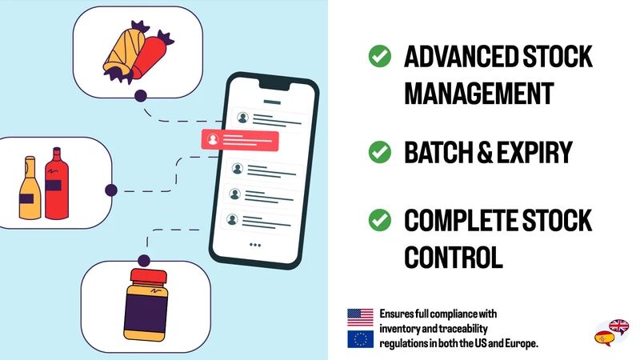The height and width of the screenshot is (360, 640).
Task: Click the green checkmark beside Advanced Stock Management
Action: [379, 56]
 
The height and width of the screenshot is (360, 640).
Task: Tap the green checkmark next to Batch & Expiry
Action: [379, 152]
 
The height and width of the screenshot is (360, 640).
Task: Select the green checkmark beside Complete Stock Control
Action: [379, 220]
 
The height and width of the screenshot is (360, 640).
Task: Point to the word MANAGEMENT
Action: [478, 94]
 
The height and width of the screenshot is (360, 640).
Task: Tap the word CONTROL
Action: [453, 257]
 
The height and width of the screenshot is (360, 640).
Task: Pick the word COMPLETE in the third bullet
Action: [461, 221]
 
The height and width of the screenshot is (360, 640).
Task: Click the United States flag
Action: [360, 318]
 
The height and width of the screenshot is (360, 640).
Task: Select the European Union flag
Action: [360, 338]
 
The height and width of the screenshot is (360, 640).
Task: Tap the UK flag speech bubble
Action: [618, 326]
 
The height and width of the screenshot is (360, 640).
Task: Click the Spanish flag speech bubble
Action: [605, 338]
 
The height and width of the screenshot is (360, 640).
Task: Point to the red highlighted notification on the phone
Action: [240, 139]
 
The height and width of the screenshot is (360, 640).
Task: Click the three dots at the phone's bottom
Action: [255, 245]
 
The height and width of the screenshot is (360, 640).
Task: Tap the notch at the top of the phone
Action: [274, 84]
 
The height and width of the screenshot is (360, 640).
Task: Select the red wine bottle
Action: [56, 183]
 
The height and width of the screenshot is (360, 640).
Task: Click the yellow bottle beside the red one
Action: [30, 188]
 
